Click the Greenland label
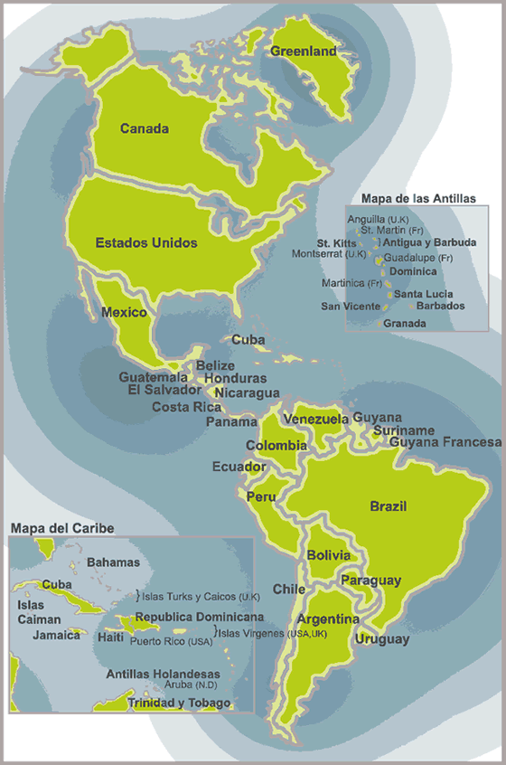pos(304,52)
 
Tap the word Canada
pos(145,128)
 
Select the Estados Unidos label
pos(146,242)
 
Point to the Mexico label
pos(124,312)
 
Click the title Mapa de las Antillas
pos(417,198)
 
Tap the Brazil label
pos(389,505)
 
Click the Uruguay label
pos(382,639)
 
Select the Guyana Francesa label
pos(445,442)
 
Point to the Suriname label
pos(404,430)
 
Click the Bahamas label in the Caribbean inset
pos(114,562)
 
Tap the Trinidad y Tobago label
pos(179,703)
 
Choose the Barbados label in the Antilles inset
pos(442,306)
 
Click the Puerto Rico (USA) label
pos(172,641)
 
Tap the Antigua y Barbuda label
pos(429,242)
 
